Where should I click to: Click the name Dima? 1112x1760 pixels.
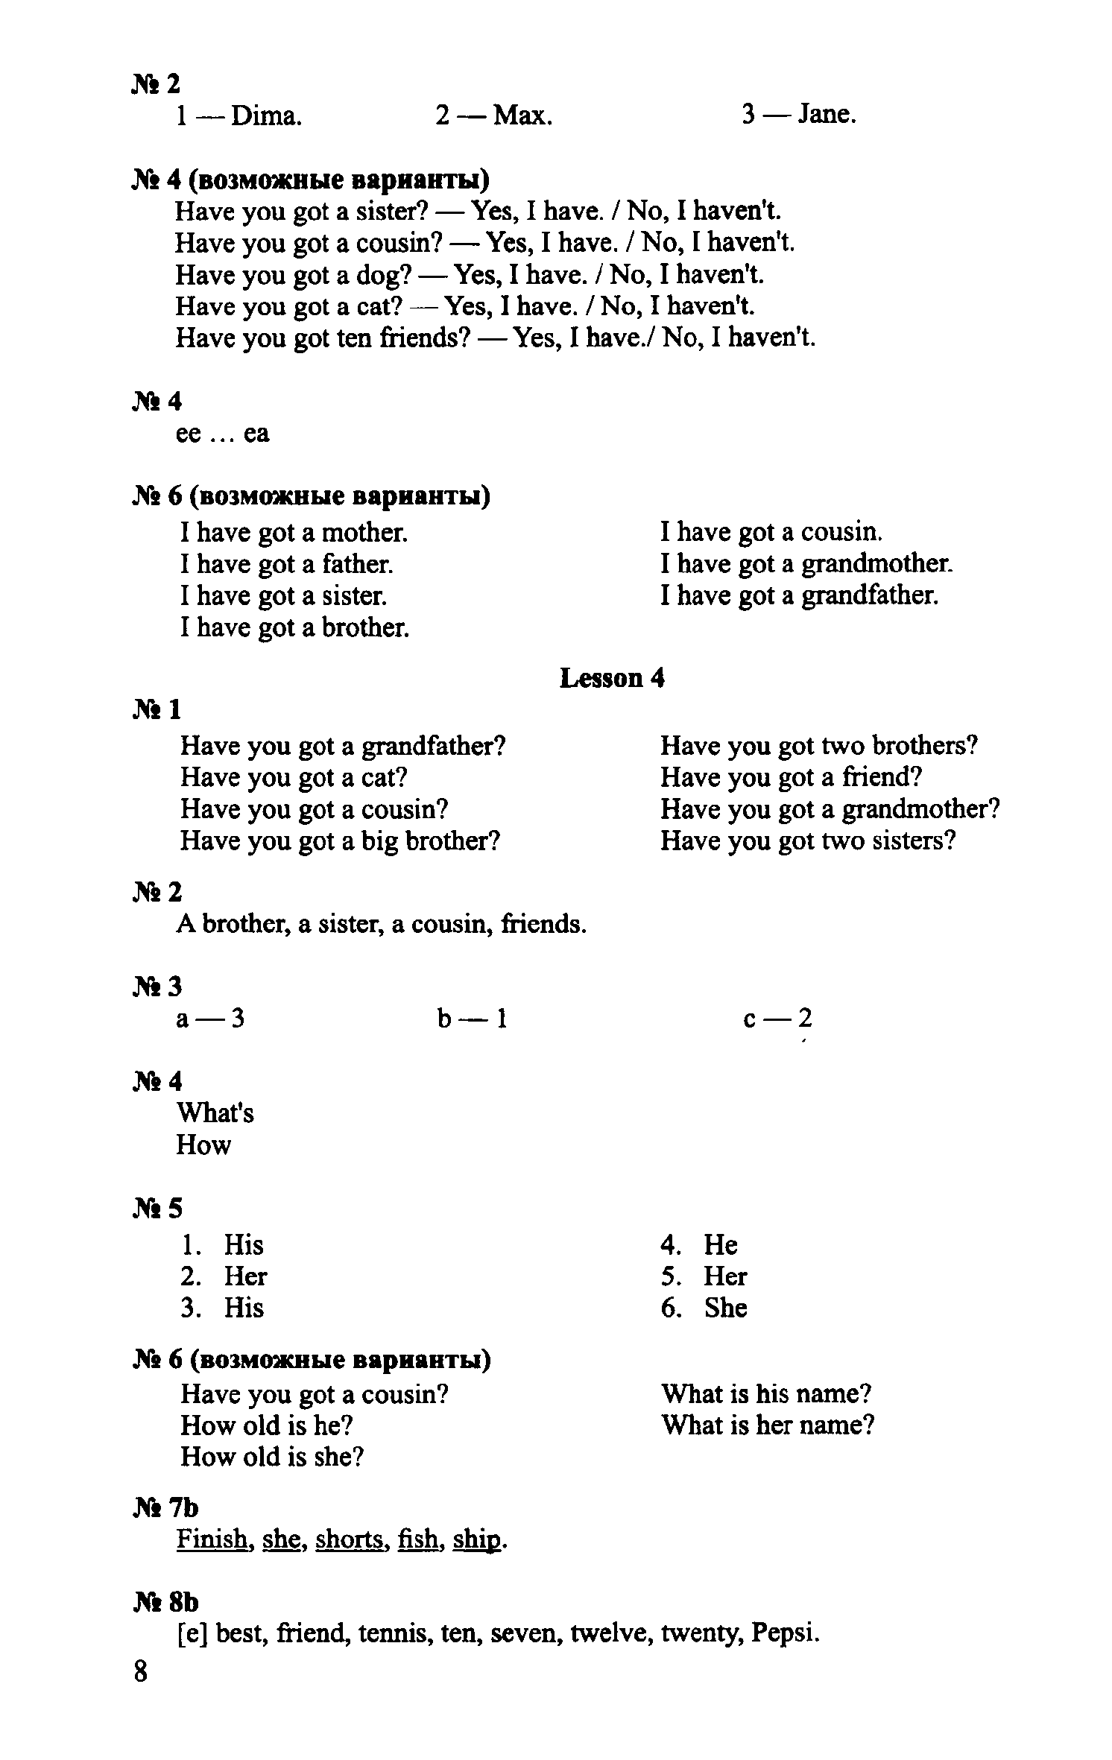pyautogui.click(x=266, y=116)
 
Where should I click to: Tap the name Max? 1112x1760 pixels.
pyautogui.click(x=522, y=116)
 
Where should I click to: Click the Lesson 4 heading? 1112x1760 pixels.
pyautogui.click(x=611, y=678)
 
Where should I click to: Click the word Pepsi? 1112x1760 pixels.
pyautogui.click(x=786, y=1633)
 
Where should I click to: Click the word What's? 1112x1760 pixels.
pyautogui.click(x=215, y=1113)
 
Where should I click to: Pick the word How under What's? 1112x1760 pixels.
pyautogui.click(x=203, y=1145)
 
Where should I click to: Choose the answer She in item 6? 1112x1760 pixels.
pyautogui.click(x=725, y=1308)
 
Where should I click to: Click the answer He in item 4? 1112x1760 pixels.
pyautogui.click(x=721, y=1244)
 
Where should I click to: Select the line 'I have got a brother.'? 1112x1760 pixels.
pyautogui.click(x=295, y=627)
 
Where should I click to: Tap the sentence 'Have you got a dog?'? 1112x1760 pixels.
pyautogui.click(x=294, y=276)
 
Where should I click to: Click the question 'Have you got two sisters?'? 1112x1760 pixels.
pyautogui.click(x=808, y=841)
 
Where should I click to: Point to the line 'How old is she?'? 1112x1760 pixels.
pyautogui.click(x=272, y=1457)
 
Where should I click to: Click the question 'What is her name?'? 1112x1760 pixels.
pyautogui.click(x=768, y=1425)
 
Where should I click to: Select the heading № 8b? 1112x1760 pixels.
pyautogui.click(x=166, y=1602)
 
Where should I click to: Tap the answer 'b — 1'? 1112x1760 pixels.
pyautogui.click(x=473, y=1019)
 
